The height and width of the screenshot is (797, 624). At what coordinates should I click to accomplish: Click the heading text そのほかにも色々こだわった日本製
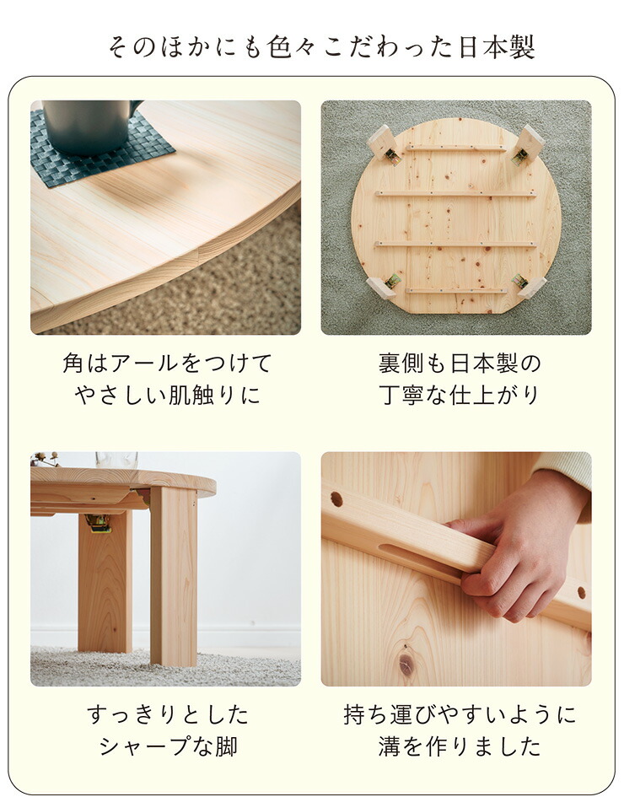321,47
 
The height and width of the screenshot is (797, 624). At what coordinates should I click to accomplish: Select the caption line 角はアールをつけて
167,364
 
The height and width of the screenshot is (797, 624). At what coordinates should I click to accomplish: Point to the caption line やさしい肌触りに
167,395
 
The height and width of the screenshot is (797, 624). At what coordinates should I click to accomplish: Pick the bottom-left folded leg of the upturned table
384,286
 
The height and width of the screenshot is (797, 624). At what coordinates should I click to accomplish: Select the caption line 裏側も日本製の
460,364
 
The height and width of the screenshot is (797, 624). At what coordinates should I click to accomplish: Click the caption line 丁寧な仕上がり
460,395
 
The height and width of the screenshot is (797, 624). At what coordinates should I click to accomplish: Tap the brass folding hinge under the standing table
99,524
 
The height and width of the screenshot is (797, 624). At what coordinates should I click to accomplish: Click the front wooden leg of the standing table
174,574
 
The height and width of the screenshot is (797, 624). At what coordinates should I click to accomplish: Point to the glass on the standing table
116,460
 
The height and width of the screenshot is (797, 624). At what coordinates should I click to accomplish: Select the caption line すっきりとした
168,715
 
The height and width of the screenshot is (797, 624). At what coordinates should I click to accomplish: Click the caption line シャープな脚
168,746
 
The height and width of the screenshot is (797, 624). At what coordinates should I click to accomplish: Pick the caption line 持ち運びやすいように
460,715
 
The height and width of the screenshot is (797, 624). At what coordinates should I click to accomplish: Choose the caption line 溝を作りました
460,746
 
